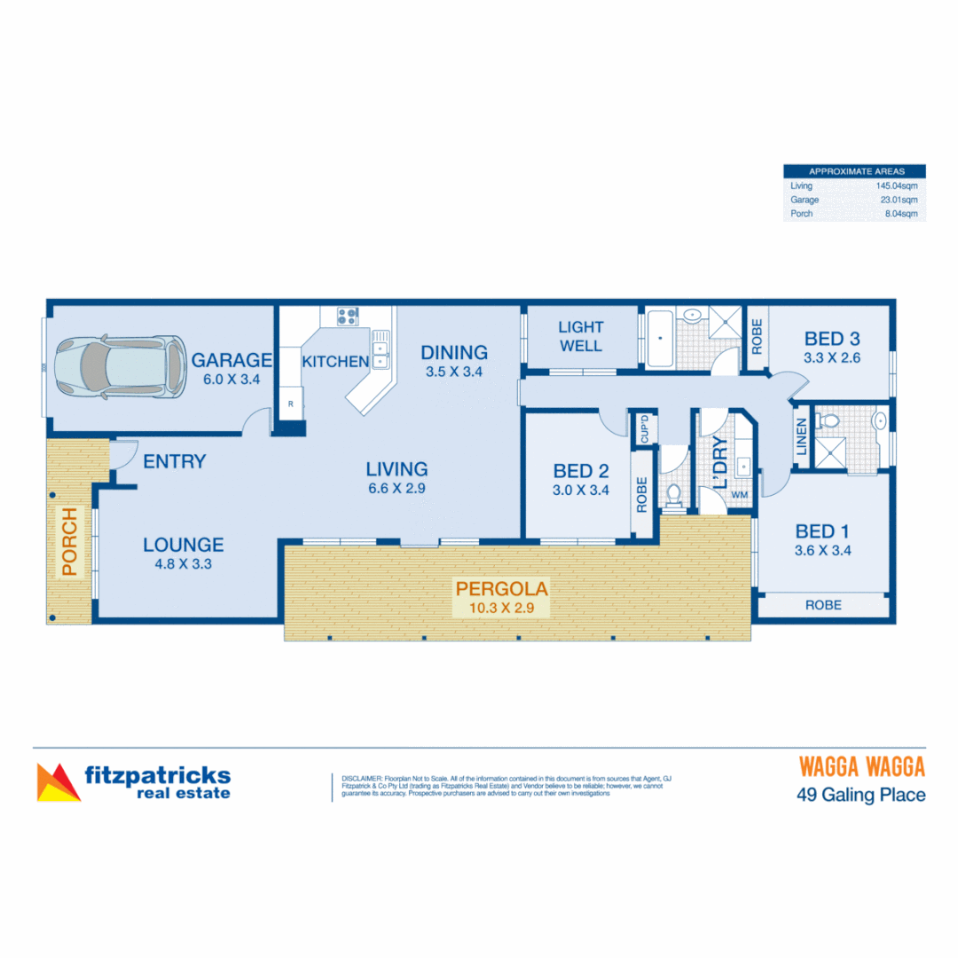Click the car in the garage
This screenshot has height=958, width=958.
pos(114,363)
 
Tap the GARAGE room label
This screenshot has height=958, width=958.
pos(232,360)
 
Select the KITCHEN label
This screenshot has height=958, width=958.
pos(335,361)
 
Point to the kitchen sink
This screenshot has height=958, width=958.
pos(381,349)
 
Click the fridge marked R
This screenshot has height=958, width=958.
pos(289,404)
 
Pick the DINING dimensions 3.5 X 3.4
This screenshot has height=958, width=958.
pos(454,372)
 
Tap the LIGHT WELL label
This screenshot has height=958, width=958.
pos(581,336)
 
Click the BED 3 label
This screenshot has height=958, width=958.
pos(832,338)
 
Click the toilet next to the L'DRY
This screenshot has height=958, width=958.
pos(674,494)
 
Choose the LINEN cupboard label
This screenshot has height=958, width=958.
pos(802,437)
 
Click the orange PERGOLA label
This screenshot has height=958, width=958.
pos(502,588)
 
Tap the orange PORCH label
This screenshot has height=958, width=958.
pos(69,543)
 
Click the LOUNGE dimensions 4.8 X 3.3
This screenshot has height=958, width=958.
pos(183,562)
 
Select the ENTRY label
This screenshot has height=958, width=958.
pos(174,461)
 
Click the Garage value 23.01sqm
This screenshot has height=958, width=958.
pos(899,200)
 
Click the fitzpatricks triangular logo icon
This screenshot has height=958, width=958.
pos(58,782)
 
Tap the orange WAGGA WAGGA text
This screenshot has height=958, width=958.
pos(862,766)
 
